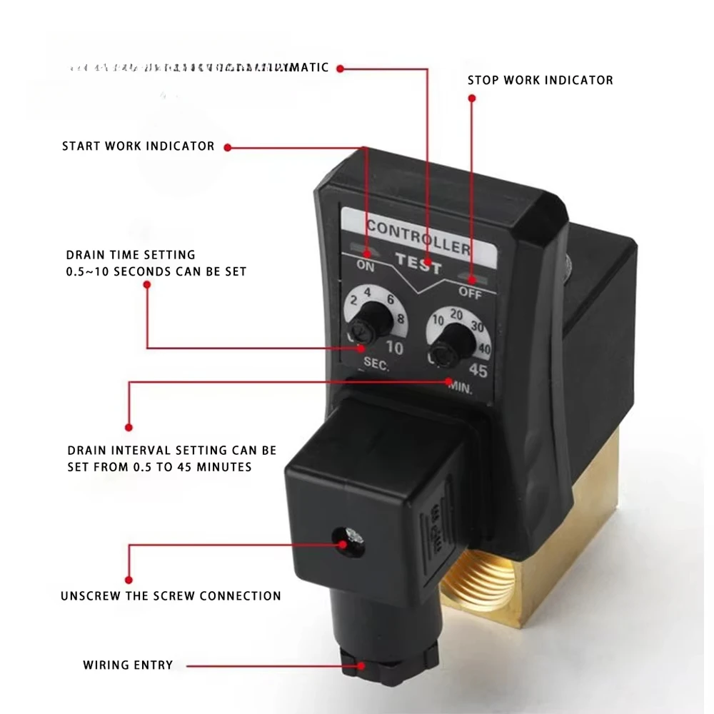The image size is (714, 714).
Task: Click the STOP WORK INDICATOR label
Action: pos(540,80)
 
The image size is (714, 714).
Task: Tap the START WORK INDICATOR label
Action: pos(138,146)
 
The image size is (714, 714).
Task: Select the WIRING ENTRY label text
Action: pos(128,665)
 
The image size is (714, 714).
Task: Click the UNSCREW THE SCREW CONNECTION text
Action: pos(171,595)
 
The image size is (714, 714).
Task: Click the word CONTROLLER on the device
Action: pos(418,238)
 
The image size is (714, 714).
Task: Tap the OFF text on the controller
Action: pos(470,291)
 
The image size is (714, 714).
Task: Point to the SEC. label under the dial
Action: pos(376,364)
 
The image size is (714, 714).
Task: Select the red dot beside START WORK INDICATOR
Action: pos(228,147)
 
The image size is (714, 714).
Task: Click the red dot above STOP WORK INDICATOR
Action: pos(471,99)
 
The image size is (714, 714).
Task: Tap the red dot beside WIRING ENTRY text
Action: pos(363,665)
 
